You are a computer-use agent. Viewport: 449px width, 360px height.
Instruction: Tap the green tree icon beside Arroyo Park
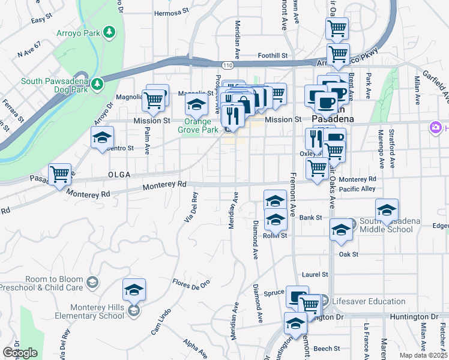(x=109, y=31)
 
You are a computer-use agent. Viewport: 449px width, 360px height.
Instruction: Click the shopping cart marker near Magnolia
(x=154, y=99)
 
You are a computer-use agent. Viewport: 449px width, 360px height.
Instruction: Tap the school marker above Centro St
(x=103, y=137)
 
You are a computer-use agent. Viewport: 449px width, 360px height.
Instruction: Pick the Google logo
(x=20, y=353)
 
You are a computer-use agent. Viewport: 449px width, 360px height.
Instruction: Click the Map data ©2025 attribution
(x=423, y=355)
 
